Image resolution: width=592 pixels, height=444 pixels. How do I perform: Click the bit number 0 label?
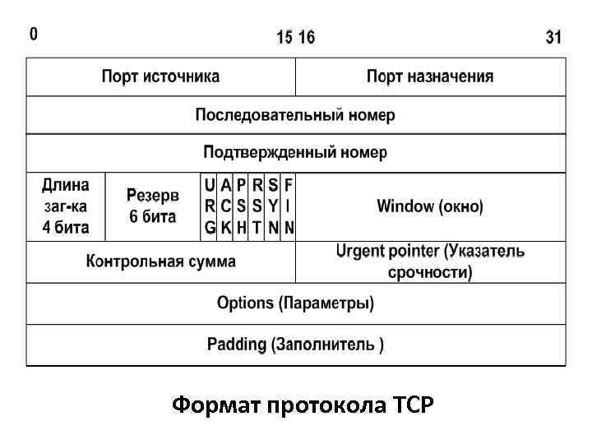coord(33,35)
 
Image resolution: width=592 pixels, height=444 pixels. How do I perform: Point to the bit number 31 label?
coord(554,37)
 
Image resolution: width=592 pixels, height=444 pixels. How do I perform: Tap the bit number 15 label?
coord(284,37)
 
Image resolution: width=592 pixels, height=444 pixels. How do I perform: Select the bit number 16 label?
coord(306,37)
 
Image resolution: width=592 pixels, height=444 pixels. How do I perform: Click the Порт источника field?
coord(161,77)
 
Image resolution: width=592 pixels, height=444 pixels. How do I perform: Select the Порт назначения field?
coord(430,77)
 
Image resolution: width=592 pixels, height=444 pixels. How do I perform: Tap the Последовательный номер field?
coord(295,115)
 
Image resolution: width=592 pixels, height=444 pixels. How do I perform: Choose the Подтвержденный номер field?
coord(295,153)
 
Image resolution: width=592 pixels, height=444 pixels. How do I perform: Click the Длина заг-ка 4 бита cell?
coord(67,206)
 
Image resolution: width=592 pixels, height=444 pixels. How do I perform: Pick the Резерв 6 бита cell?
coord(152,206)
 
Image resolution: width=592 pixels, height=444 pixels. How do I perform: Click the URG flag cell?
coord(210,206)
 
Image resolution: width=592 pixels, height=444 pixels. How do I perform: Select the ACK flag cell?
coord(226,206)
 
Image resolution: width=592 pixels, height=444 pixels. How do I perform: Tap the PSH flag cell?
coord(242,206)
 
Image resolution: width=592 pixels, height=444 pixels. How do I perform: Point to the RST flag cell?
coord(257,206)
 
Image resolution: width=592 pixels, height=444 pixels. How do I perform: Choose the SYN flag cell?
coord(273,206)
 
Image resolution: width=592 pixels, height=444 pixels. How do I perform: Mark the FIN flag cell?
coord(289,206)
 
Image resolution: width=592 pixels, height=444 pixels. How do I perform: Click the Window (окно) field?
coord(430,206)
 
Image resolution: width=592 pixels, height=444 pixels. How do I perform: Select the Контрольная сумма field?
coord(161,262)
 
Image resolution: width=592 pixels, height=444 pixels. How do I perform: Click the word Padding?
coord(237,345)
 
